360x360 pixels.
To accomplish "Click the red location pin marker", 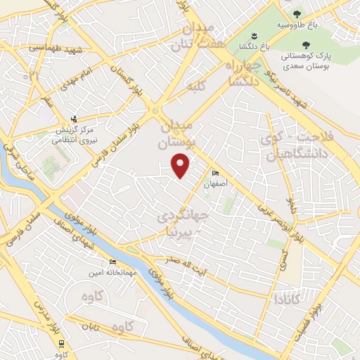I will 181,167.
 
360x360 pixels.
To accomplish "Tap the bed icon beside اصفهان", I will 215,174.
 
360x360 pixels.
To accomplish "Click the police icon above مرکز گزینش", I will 74,119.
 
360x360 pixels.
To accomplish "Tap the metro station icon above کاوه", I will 63,343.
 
